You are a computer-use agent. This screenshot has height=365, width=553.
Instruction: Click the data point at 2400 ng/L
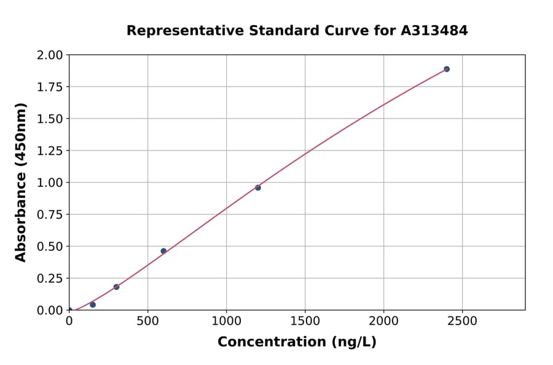[447, 69]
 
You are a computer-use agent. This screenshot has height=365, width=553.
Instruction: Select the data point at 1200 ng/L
[258, 187]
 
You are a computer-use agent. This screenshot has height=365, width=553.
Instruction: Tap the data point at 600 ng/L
[163, 251]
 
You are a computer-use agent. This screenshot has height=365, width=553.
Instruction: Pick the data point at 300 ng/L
[116, 287]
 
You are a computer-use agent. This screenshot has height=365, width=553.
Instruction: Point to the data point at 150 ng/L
[93, 305]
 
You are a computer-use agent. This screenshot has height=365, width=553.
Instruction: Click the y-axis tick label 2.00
[50, 55]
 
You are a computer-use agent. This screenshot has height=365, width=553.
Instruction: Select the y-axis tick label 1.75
[50, 87]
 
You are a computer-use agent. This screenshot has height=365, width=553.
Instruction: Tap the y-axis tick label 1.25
[50, 151]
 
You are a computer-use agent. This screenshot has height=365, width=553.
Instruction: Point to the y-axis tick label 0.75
[50, 215]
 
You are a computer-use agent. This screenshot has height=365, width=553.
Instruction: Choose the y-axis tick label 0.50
[50, 246]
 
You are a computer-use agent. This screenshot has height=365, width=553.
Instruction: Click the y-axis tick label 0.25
[50, 278]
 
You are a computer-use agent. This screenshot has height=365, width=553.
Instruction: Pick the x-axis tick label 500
[147, 321]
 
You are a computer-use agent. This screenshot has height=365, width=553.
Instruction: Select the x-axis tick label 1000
[226, 321]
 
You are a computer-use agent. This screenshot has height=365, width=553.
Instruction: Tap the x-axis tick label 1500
[305, 321]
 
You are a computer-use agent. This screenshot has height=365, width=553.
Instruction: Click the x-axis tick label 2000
[384, 321]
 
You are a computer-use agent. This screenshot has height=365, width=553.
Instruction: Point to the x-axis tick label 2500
[463, 321]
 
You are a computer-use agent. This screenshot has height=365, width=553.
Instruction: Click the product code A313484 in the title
[434, 31]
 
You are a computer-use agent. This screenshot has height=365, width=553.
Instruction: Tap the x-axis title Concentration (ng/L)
[297, 342]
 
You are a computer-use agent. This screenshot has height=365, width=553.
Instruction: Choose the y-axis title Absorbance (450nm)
[21, 182]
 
